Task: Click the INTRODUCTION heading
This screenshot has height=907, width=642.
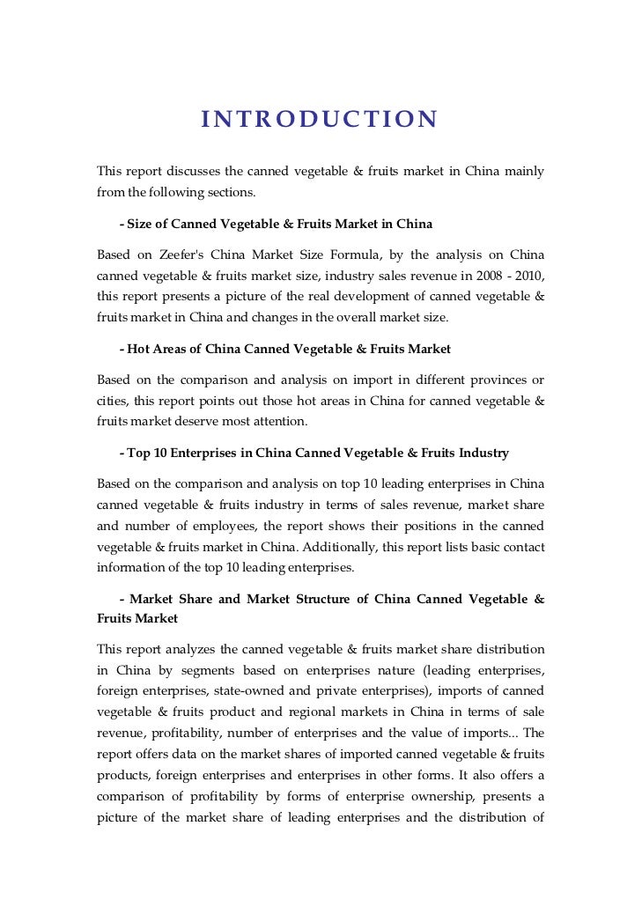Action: pyautogui.click(x=319, y=119)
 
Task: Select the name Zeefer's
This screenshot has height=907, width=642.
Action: pyautogui.click(x=184, y=255)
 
